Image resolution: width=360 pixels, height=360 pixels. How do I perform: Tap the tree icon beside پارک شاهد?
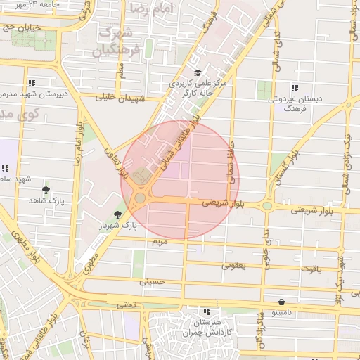[46, 190]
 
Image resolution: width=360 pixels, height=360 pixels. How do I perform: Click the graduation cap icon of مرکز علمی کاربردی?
[198, 73]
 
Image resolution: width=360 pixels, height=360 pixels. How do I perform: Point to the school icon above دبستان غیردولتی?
[293, 88]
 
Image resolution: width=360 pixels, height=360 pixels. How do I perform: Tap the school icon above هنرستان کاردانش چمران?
[205, 311]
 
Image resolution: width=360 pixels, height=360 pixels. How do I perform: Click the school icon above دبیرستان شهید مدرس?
[32, 82]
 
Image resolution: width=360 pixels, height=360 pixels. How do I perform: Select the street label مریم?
[160, 241]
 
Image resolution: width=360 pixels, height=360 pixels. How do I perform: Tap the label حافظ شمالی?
[231, 162]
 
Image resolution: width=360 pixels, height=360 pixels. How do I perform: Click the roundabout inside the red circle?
[140, 198]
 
